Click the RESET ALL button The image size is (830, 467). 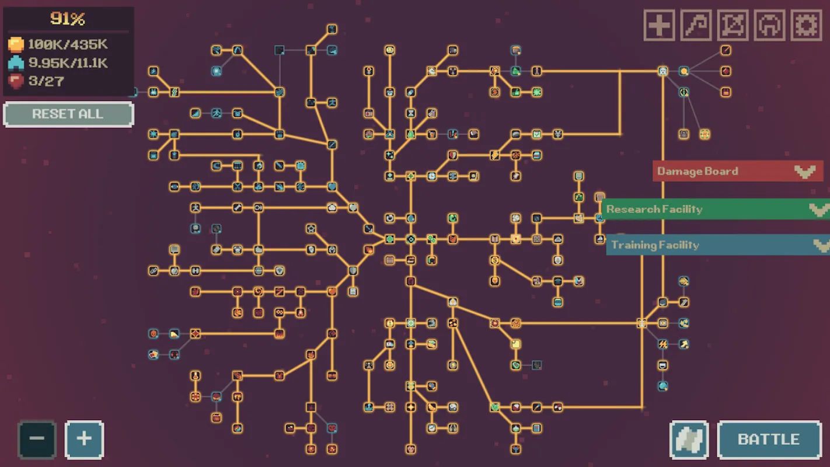coord(68,114)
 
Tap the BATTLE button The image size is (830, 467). coord(769,440)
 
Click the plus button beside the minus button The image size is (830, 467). coord(85,440)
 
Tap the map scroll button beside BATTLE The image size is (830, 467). coord(689,440)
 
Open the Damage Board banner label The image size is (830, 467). coord(698,171)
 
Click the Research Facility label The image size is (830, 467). coord(654,210)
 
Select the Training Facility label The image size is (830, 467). coord(655,245)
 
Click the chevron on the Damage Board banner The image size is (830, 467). coord(805,172)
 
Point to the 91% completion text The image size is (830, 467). coord(68,19)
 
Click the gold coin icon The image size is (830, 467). coord(16,44)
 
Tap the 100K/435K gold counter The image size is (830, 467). coord(68,44)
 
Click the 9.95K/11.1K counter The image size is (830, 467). coord(68,63)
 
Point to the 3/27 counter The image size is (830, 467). coord(46,81)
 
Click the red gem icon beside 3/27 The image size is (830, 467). coord(16,81)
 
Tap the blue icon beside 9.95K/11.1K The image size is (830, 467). coord(16,63)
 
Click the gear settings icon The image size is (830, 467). coord(806,25)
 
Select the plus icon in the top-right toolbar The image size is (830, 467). coord(659,25)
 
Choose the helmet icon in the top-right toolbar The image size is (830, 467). coord(770,25)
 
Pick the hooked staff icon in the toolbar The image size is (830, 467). coord(696,25)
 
